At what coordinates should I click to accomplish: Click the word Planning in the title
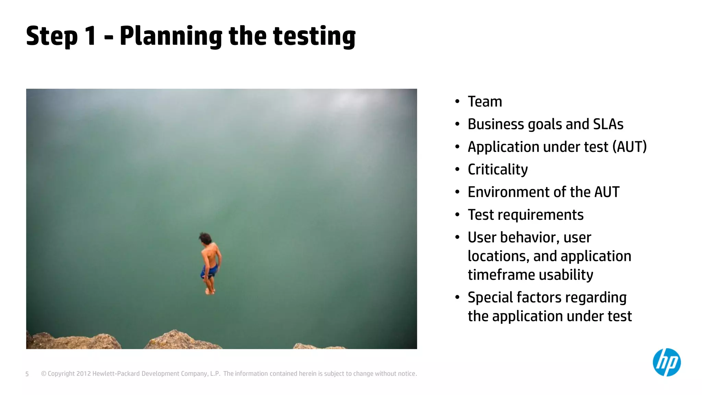pyautogui.click(x=171, y=36)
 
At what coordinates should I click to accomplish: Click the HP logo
pyautogui.click(x=666, y=362)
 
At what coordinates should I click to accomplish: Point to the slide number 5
pyautogui.click(x=27, y=374)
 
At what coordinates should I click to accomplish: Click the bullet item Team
pyautogui.click(x=485, y=102)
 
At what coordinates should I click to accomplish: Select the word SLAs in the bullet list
pyautogui.click(x=608, y=124)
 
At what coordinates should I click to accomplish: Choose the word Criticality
pyautogui.click(x=498, y=170)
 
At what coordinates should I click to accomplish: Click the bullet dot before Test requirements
pyautogui.click(x=457, y=215)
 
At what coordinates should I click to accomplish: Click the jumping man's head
pyautogui.click(x=205, y=238)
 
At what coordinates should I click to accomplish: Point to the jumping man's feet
pyautogui.click(x=210, y=291)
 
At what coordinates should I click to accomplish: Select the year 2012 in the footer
pyautogui.click(x=84, y=374)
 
